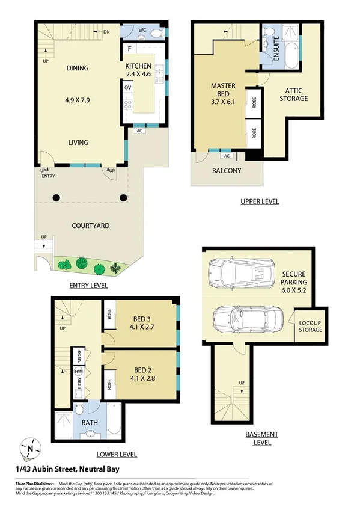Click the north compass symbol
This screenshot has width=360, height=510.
click(x=31, y=448)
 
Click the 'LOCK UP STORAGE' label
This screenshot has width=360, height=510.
click(x=310, y=326)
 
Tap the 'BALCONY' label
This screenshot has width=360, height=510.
click(x=226, y=170)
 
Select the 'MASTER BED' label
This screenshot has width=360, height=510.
click(x=223, y=90)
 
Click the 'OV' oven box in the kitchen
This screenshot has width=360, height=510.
click(x=127, y=88)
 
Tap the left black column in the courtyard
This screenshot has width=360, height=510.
click(x=55, y=197)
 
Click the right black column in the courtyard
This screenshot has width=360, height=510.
click(x=123, y=197)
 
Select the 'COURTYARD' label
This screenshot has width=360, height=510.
click(x=90, y=226)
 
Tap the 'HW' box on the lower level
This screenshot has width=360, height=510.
click(x=78, y=372)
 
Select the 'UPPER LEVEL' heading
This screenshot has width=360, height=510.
click(x=259, y=201)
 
